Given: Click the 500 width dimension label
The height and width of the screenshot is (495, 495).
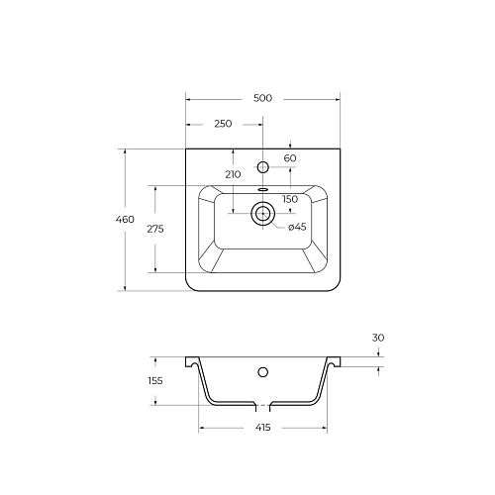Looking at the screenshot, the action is (262, 98).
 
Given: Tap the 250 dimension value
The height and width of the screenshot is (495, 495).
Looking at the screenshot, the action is (223, 124).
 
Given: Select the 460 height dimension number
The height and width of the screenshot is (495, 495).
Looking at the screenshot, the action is (125, 219).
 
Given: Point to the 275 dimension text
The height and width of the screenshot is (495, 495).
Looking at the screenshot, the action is (155, 229).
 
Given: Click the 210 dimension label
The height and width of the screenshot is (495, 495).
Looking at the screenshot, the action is (234, 174).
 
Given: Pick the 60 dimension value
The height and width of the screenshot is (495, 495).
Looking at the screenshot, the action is (290, 158).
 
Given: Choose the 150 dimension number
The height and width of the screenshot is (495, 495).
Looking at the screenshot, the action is (290, 199).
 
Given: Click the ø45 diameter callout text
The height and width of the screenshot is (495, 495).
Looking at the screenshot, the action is (297, 227).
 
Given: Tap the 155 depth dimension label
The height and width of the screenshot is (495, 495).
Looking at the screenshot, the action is (155, 381).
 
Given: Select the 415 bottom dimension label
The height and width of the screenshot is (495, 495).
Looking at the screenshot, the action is (263, 428).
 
